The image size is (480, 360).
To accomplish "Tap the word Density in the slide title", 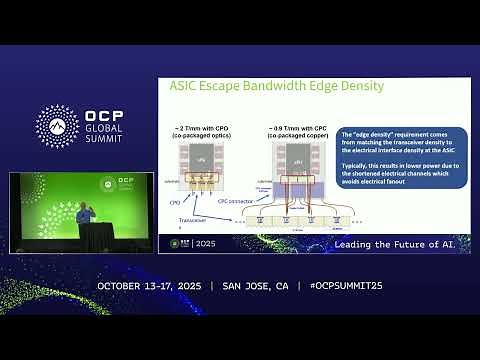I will click(x=363, y=86).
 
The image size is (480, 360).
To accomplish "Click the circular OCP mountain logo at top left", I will click(x=57, y=126).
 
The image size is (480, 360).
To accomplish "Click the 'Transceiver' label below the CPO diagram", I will click(x=180, y=221).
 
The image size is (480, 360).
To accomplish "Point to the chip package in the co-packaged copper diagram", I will click(x=297, y=163).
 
